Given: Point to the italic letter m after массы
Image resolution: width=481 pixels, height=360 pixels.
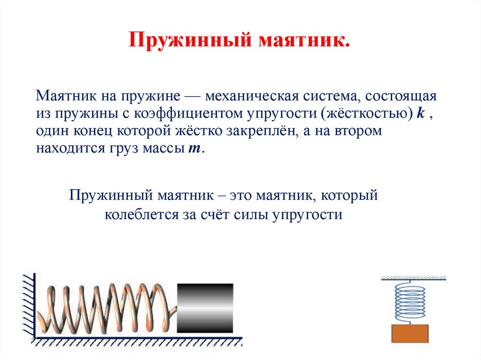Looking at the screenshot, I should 194,149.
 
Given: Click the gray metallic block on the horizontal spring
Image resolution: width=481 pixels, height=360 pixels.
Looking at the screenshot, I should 205,307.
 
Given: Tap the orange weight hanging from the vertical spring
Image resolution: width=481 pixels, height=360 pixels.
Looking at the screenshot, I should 410,333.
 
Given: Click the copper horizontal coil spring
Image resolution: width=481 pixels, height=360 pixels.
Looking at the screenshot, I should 106,307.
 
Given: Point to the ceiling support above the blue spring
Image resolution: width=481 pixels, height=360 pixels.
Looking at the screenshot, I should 413,278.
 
